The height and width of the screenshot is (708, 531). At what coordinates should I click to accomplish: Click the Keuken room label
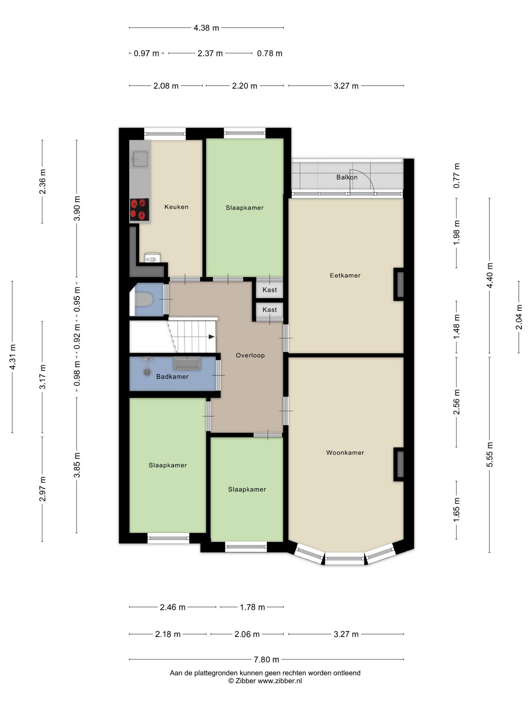point(176,207)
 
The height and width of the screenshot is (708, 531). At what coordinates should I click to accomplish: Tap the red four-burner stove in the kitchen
point(139,209)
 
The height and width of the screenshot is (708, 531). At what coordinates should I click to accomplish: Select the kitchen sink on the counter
point(140,159)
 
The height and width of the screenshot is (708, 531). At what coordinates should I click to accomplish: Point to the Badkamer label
point(172,376)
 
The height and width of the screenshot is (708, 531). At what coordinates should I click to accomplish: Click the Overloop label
point(250,355)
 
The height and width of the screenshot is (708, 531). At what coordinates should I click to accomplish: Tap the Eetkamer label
point(345,275)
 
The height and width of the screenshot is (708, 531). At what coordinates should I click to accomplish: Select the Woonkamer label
point(345,453)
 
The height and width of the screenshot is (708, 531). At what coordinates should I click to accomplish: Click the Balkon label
point(347,177)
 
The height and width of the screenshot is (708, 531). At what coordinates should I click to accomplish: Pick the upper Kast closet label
point(270,290)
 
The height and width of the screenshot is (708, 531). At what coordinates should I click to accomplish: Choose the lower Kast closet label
point(270,310)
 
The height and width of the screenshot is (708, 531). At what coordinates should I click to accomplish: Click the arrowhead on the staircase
point(212,337)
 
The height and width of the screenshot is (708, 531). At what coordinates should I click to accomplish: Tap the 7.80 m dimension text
point(267,659)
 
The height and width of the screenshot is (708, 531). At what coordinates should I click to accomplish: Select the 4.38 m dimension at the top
point(206,28)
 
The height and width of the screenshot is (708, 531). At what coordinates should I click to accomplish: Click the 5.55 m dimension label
point(489,454)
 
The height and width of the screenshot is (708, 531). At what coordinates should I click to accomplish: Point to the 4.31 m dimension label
point(13,357)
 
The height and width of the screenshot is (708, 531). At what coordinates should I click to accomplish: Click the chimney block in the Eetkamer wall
point(399,284)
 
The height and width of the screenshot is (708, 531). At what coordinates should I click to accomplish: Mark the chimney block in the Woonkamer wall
point(399,464)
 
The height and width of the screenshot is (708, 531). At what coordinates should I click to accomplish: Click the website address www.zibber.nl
point(280,681)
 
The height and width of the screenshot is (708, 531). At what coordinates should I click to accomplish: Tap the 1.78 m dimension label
point(253,607)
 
